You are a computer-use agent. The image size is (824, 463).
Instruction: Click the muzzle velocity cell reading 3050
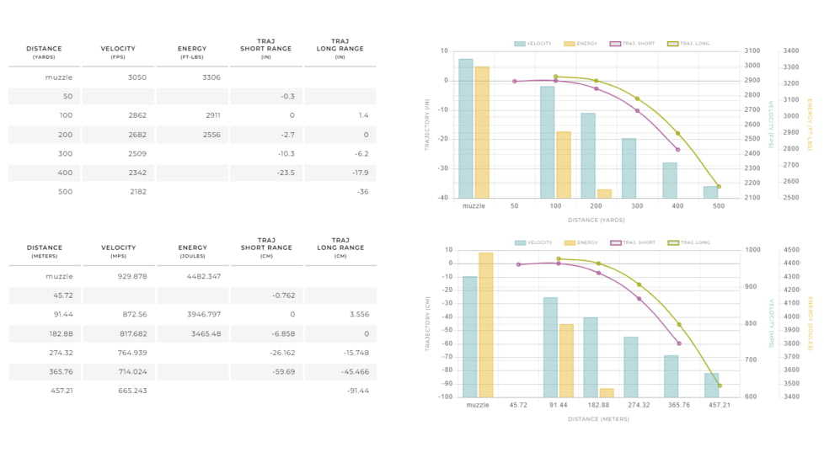[x=136, y=77]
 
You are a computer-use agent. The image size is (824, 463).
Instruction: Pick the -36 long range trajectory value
[x=362, y=192]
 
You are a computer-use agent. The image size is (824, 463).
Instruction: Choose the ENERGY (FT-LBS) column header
[x=192, y=52]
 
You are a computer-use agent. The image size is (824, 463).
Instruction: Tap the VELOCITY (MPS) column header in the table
[x=118, y=251]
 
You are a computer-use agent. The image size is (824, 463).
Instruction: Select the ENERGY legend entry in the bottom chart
[x=581, y=242]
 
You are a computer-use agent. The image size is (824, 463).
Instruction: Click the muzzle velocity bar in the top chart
[x=466, y=128]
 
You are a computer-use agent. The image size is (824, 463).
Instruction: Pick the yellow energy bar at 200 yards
[x=604, y=194]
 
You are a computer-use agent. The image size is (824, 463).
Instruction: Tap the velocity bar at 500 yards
[x=711, y=192]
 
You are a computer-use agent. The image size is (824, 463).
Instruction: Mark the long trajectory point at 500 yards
[x=719, y=187]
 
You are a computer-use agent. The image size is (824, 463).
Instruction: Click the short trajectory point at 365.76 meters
[x=678, y=343]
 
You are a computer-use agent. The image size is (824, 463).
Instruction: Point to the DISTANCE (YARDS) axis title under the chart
[x=597, y=221]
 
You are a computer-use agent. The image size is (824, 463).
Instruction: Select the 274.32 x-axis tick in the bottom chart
[x=637, y=405]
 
